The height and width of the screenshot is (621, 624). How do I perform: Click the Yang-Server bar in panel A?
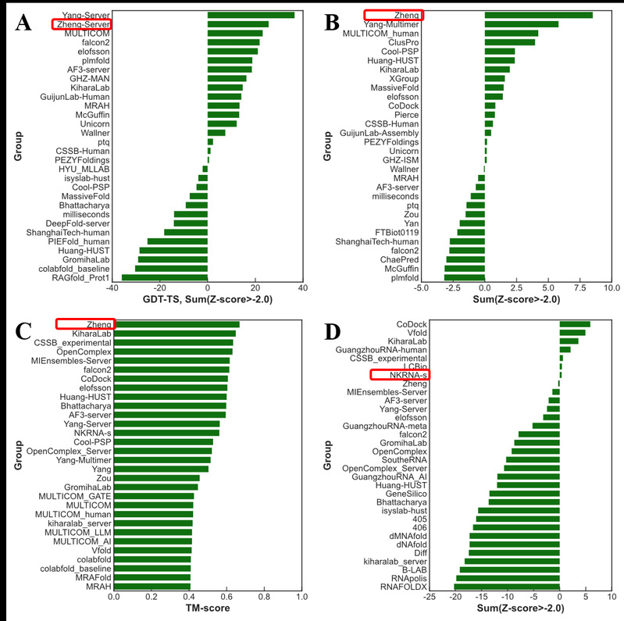251,15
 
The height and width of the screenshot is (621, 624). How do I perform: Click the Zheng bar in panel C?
177,324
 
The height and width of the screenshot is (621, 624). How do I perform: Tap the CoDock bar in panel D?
575,324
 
